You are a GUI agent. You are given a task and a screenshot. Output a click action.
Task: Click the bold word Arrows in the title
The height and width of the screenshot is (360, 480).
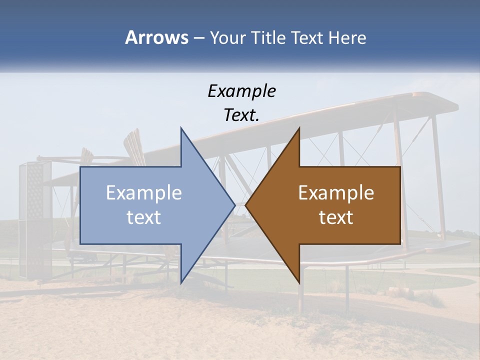(x=156, y=37)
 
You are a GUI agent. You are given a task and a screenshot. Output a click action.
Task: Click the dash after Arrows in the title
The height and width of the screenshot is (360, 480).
(x=198, y=38)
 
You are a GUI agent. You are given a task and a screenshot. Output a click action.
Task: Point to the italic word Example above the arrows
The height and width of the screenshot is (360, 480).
(x=241, y=91)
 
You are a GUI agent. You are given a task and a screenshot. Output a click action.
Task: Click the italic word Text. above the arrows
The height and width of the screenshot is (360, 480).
(x=241, y=115)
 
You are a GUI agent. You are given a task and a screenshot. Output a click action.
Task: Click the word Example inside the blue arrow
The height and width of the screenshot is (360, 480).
(x=144, y=193)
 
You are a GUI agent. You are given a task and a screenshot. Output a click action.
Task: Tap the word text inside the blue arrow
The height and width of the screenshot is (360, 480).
(x=144, y=217)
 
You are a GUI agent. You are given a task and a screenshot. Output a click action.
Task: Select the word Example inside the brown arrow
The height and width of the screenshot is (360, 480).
(x=336, y=193)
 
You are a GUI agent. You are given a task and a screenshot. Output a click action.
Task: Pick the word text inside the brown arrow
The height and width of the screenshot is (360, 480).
(x=336, y=217)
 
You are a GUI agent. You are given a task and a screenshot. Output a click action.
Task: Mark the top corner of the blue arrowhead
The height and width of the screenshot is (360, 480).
(x=181, y=128)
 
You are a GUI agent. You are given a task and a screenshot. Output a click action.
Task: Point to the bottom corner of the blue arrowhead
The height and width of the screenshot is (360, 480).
(x=181, y=282)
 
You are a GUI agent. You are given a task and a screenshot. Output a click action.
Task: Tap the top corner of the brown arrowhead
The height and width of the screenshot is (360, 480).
(x=299, y=128)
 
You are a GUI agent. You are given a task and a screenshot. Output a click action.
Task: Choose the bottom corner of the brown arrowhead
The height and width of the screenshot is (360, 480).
(x=299, y=282)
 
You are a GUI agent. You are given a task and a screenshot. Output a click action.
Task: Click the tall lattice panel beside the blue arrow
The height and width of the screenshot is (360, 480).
(x=35, y=220)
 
